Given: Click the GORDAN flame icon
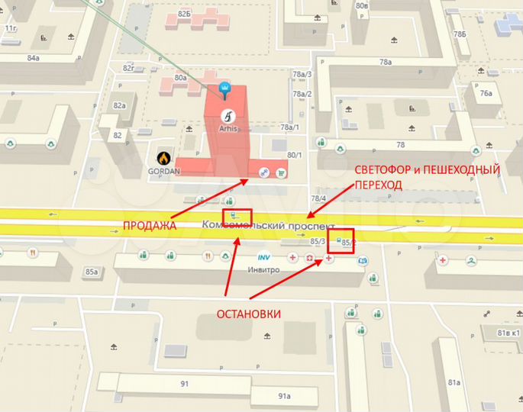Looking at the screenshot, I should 163,157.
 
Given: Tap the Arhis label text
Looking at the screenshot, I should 230,130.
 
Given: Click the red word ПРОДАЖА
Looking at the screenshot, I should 150,226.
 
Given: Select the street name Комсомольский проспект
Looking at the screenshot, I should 269,227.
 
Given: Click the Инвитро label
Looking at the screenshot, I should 261,269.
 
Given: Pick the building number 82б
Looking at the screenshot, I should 183,14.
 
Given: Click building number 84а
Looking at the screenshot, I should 33,58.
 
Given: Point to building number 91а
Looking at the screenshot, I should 284,396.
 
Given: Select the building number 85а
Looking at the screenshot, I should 92,271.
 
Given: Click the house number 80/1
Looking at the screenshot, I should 294,156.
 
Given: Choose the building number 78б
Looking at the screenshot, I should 459,34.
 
